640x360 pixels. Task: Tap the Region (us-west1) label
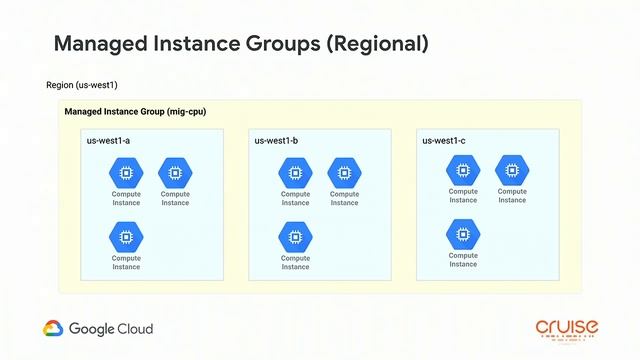coord(82,86)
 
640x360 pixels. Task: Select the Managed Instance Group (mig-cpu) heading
coord(135,111)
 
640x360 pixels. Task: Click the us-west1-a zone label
coord(108,141)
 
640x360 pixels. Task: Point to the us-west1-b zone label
coord(277,141)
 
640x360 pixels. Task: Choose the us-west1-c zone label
coord(444,141)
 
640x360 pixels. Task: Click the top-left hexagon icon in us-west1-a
coord(126,172)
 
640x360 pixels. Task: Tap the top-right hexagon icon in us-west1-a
coord(175,172)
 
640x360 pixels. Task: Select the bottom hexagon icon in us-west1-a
coord(126,237)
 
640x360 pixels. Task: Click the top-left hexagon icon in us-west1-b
coord(295,172)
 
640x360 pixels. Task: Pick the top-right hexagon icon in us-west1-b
coord(344,172)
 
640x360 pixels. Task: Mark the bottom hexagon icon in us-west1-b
coord(295,237)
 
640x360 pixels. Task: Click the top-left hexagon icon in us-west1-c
coord(463,169)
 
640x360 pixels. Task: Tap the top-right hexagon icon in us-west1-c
coord(512,169)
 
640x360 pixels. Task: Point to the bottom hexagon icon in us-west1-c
coord(463,234)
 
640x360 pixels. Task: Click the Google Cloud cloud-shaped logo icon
coord(54,329)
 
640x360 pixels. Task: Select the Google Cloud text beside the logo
coord(111,329)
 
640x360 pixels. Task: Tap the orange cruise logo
coord(566,329)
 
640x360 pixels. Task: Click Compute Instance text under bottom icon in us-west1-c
coord(463,260)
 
